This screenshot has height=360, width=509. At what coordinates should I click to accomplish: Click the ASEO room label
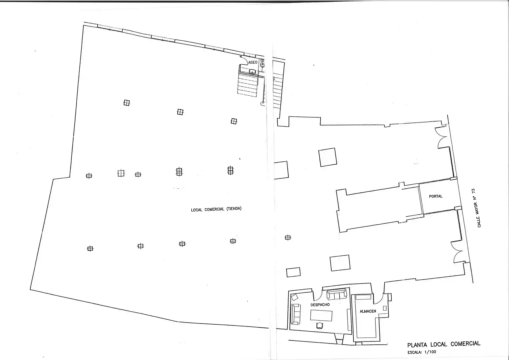pos(253,62)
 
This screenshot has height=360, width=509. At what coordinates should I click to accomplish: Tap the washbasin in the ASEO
pos(252,72)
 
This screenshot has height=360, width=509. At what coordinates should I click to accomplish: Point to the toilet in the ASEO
pos(262,65)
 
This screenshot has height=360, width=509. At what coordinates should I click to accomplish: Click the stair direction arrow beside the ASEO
pos(274,79)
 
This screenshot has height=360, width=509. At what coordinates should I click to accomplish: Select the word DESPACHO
pos(320,305)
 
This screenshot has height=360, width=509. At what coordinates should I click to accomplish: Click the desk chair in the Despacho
pos(319,326)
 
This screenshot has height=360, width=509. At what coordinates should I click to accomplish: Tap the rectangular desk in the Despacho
pos(321,315)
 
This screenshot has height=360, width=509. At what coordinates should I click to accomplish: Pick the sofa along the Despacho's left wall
pos(296,314)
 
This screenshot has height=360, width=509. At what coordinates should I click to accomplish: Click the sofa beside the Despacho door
pos(337,294)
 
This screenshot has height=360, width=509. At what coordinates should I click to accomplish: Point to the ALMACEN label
pos(368,311)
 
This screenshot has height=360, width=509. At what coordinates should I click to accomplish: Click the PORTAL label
pos(436,196)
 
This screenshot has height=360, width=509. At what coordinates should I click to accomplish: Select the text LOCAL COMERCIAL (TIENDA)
pos(216,209)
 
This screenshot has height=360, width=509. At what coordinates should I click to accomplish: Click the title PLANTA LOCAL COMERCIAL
pos(444,344)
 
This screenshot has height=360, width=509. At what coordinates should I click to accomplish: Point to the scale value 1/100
pos(430,352)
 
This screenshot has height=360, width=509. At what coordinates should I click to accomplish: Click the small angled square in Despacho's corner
pos(294,297)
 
